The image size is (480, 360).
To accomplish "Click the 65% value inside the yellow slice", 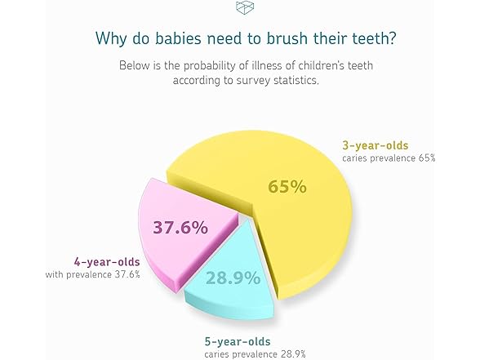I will point(287,186).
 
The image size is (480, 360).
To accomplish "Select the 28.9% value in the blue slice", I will point(233,278).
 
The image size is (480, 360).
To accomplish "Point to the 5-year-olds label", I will point(236,340).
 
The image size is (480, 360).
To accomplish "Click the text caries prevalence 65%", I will point(389,158).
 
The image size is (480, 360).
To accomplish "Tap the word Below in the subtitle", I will point(135,64).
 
